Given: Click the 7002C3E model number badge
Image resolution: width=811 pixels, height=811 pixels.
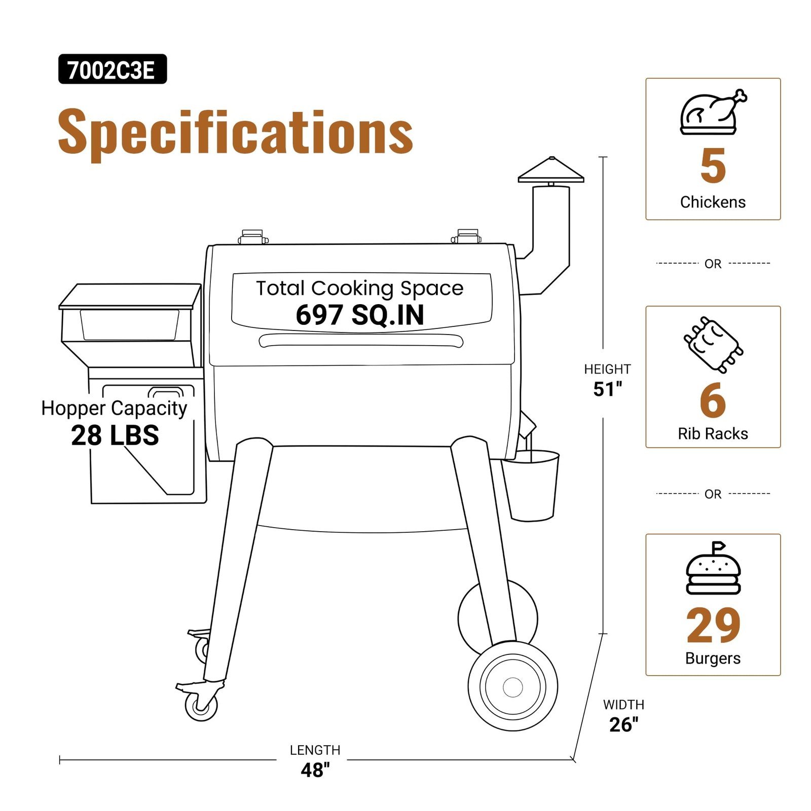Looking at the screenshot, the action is (113, 69).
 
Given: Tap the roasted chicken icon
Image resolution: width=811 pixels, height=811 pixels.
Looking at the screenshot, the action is (713, 112).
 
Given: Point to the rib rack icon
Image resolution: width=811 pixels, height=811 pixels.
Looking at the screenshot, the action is (713, 345).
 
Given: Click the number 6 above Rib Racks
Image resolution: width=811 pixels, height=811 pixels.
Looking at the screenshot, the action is (713, 400).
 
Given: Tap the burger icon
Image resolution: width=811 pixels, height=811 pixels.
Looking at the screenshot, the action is (713, 568).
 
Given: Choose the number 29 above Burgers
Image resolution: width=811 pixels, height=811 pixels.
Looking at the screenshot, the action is (713, 625).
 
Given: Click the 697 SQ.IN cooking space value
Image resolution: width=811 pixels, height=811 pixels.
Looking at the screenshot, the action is (360, 315).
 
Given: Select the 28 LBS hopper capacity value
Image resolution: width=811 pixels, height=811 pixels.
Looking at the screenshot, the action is (115, 435).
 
